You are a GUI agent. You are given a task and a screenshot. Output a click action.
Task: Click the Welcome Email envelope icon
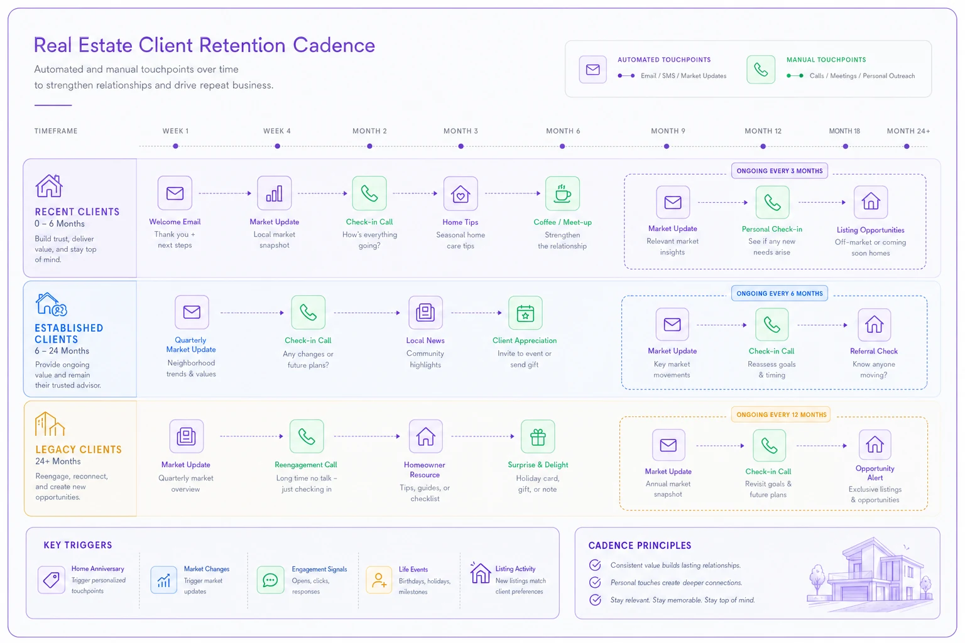[175, 193]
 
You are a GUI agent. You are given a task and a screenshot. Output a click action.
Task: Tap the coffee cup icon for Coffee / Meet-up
[562, 193]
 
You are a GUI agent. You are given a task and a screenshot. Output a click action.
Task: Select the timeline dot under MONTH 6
[562, 146]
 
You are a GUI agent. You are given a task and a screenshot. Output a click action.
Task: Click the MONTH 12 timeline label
[763, 131]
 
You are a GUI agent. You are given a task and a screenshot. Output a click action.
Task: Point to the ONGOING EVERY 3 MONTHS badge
[779, 171]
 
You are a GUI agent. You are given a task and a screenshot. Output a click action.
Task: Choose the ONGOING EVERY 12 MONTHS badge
[781, 414]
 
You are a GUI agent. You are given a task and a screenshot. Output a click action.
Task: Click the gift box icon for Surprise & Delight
[538, 436]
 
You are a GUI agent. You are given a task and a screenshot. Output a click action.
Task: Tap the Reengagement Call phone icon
[307, 436]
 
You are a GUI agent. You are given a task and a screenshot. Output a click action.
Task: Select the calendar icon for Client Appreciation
[525, 313]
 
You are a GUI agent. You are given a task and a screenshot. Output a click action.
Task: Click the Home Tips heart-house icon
[461, 193]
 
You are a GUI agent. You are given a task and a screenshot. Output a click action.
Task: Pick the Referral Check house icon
[874, 325]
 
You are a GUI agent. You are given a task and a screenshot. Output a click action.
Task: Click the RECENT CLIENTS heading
[77, 212]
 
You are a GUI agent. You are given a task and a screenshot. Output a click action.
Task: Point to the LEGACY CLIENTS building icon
[50, 424]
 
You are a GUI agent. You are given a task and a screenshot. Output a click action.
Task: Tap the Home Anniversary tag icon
[52, 580]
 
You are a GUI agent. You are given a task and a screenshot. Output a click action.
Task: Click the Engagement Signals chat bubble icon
[271, 580]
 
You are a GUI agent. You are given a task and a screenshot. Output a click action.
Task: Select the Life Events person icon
[379, 580]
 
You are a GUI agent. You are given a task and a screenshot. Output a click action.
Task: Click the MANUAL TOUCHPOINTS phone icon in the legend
[761, 69]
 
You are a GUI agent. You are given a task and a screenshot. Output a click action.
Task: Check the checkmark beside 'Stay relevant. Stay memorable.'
[595, 600]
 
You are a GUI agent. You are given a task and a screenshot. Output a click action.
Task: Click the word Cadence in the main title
[334, 45]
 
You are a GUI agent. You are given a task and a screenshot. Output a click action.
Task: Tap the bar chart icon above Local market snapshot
[275, 193]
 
